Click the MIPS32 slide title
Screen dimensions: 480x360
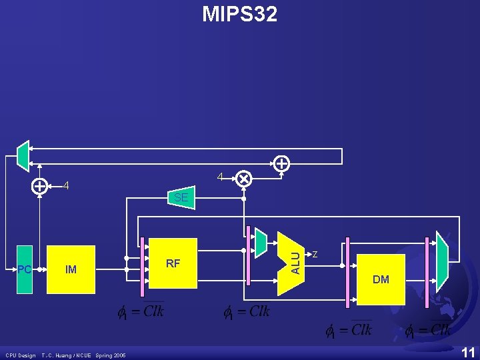click(240, 14)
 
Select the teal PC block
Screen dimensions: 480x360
click(25, 269)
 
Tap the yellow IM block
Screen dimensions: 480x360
click(71, 269)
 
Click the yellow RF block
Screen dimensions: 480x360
click(173, 263)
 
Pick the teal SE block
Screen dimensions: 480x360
click(181, 197)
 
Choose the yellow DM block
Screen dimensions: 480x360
click(381, 279)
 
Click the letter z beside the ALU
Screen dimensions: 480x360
click(315, 254)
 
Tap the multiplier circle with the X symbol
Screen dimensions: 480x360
click(244, 179)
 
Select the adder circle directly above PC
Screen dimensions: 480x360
click(40, 186)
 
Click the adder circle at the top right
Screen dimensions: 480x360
click(282, 162)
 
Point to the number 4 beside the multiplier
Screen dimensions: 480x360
click(220, 177)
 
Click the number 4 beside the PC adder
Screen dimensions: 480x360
click(65, 186)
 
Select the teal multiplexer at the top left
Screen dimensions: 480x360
click(23, 155)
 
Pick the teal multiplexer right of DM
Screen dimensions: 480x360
click(441, 257)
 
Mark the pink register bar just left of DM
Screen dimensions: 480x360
click(347, 273)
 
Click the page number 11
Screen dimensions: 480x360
click(468, 352)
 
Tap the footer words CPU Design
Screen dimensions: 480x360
click(20, 355)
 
